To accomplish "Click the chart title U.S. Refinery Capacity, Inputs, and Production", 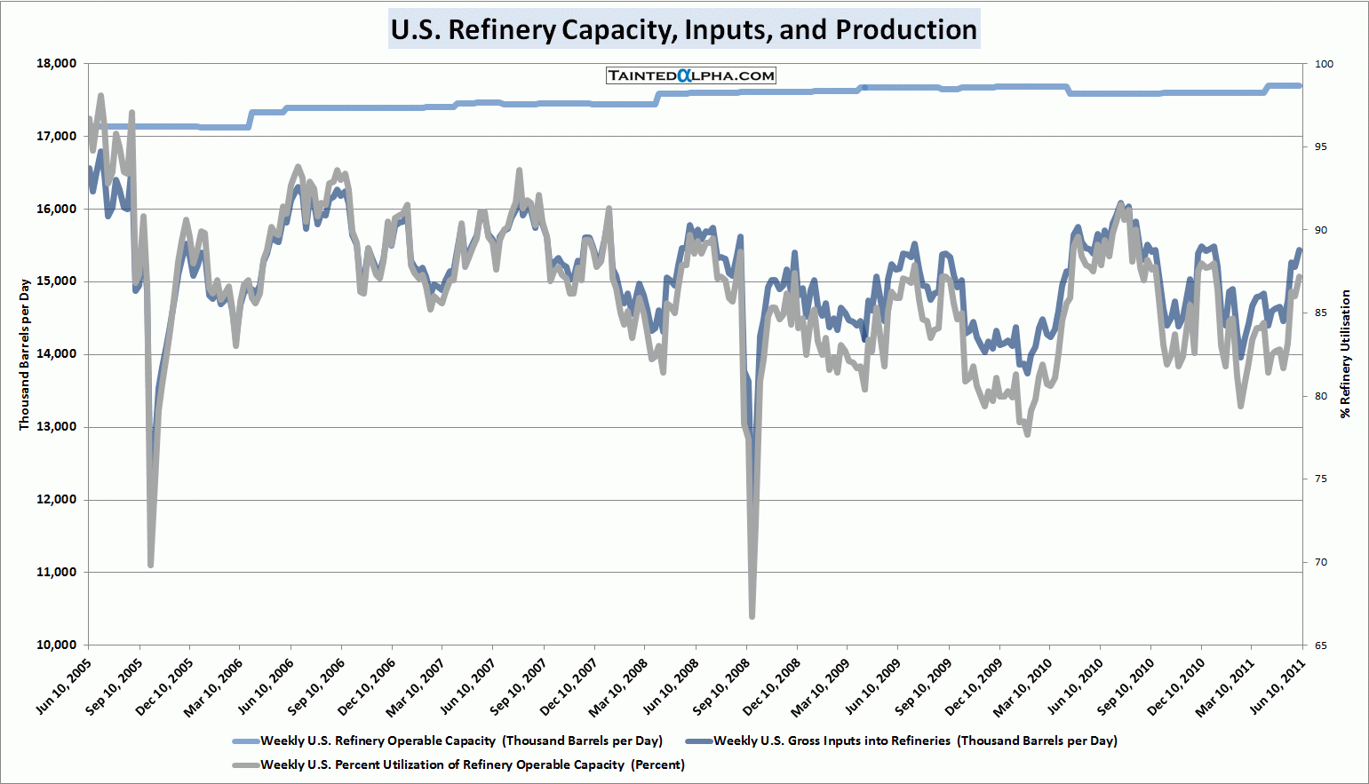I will pos(684,29).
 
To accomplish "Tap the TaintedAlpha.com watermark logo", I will pos(691,75).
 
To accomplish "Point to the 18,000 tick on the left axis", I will pos(57,64).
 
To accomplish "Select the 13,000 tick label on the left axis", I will pos(57,427).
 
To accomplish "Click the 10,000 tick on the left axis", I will pos(57,645).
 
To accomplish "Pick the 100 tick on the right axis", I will pos(1324,64).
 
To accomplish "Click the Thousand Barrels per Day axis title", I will pos(25,354).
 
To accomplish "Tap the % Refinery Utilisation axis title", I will pos(1345,353).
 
